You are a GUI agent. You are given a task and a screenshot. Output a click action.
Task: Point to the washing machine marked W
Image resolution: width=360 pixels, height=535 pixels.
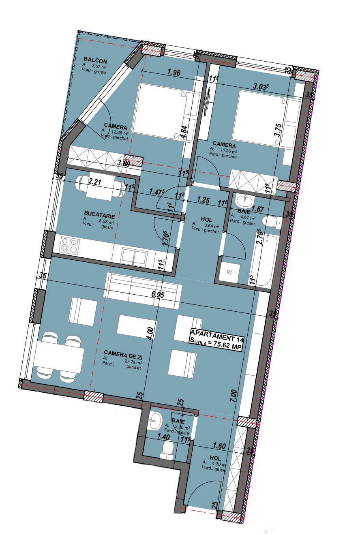click(229, 272)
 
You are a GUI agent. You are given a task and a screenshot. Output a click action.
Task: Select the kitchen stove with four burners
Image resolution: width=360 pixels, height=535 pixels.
click(70, 245)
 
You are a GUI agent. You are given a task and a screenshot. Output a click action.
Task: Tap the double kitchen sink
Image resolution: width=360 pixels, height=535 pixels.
click(134, 257)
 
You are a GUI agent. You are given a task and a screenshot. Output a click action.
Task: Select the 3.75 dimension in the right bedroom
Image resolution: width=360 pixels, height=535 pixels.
click(278, 130)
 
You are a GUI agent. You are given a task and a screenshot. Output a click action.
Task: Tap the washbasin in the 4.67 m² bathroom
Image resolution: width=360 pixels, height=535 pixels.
click(244, 200)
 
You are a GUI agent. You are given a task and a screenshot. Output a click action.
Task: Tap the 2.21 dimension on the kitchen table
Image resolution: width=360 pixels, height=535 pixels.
click(94, 182)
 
